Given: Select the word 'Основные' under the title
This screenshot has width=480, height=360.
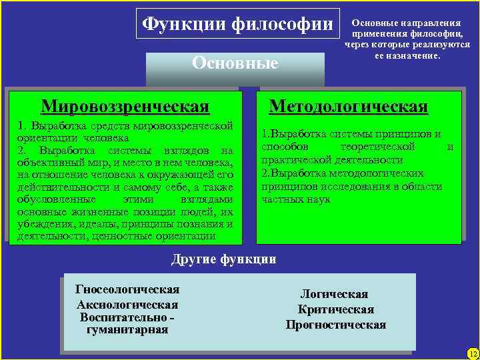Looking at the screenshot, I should pos(235,63).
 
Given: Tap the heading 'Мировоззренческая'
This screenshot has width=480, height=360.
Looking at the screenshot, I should pos(125,107).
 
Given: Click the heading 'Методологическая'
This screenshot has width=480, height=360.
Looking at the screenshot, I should pos(348,107).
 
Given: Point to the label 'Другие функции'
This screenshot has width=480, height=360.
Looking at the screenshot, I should pos(223,259).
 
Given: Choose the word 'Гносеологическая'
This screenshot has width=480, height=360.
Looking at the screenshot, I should pos(127,289).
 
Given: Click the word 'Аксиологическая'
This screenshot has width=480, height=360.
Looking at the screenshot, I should pos(127,304).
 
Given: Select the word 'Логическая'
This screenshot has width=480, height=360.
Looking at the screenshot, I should pos(334,294).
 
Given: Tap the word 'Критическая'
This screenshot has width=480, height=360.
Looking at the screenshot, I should pos(335,309).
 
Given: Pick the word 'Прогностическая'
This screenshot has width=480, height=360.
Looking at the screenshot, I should pos(335,325).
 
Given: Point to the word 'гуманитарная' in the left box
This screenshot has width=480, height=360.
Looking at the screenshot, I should pos(127,329).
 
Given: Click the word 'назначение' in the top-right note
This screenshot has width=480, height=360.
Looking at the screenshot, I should pos(410,55).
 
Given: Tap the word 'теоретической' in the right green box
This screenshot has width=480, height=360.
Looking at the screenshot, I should pos(377,147).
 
